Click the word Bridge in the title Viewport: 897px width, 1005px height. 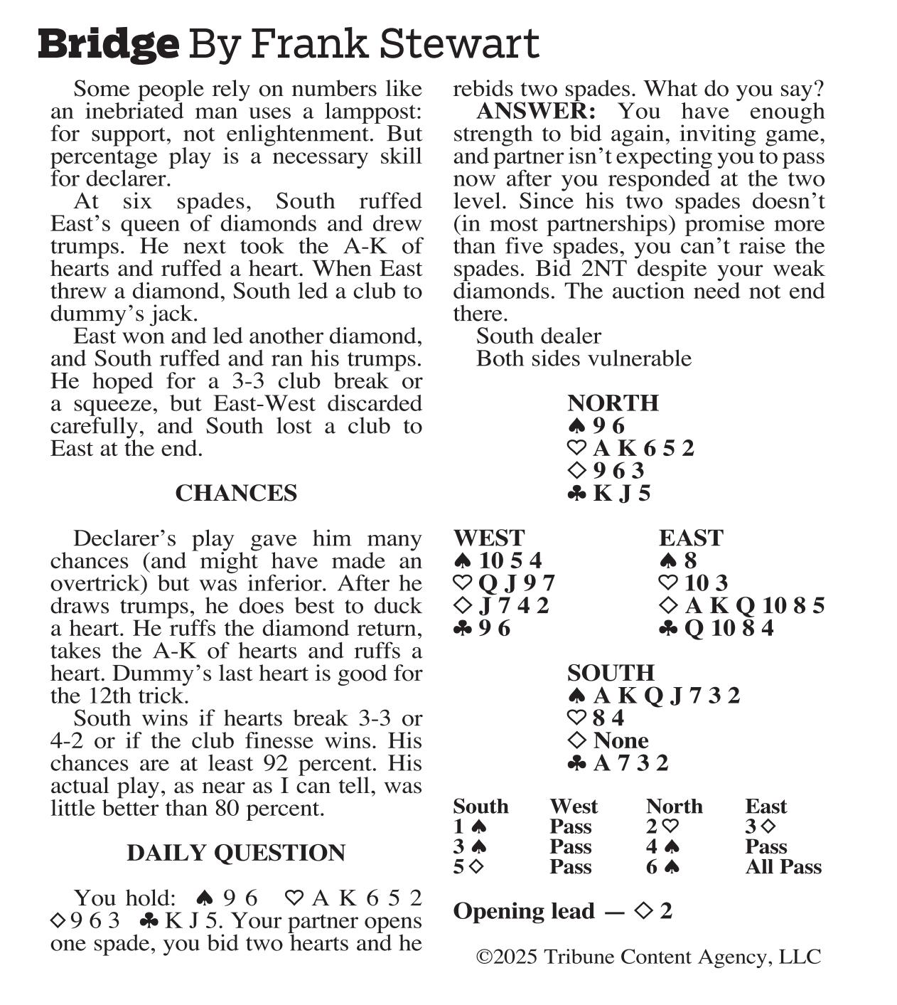tap(108, 44)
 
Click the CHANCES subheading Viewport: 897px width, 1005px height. tap(236, 493)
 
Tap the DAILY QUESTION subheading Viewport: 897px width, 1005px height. tap(236, 853)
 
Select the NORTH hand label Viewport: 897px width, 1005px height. tap(613, 403)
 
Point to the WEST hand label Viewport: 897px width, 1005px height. tap(489, 538)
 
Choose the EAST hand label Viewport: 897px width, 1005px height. tap(691, 538)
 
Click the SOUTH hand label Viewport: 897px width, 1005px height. tap(611, 673)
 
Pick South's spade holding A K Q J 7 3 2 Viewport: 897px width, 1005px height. tap(666, 695)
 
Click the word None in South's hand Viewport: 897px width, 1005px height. tap(621, 740)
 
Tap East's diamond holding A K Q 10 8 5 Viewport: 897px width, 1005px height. tap(754, 605)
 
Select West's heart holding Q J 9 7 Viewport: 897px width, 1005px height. tap(516, 583)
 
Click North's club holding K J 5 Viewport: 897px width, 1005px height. tap(621, 493)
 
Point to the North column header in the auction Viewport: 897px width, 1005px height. tap(674, 806)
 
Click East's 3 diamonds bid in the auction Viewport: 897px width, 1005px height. tap(760, 826)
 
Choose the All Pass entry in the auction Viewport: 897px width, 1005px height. tap(783, 867)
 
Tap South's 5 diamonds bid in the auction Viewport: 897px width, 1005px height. tap(468, 867)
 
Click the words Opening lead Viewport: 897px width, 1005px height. tap(524, 911)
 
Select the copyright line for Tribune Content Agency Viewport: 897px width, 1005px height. tap(648, 957)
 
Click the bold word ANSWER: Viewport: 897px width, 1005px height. tap(536, 112)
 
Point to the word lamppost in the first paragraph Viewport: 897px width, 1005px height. tap(374, 112)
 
